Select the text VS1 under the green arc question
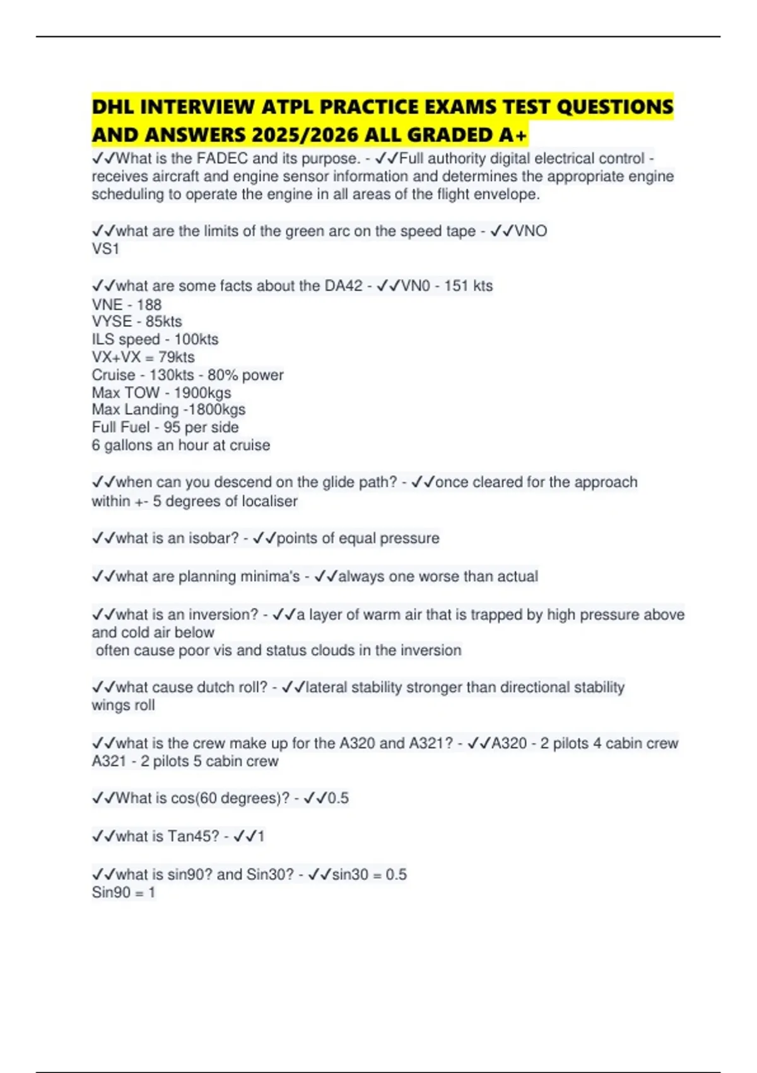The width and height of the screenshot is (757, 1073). pos(105,249)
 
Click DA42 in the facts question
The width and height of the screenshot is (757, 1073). pos(344,286)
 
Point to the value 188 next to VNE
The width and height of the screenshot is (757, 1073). pos(149,304)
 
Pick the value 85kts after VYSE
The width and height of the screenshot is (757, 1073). pos(163,321)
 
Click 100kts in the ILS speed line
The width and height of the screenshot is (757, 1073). pos(196,339)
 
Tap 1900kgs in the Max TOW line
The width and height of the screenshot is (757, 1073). pos(202,393)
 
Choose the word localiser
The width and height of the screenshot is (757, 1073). pos(267,501)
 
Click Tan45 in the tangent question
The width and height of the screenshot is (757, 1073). pos(193,836)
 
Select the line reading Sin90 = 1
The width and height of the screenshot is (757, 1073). pos(124,892)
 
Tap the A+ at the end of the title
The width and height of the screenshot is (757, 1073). pos(513,136)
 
